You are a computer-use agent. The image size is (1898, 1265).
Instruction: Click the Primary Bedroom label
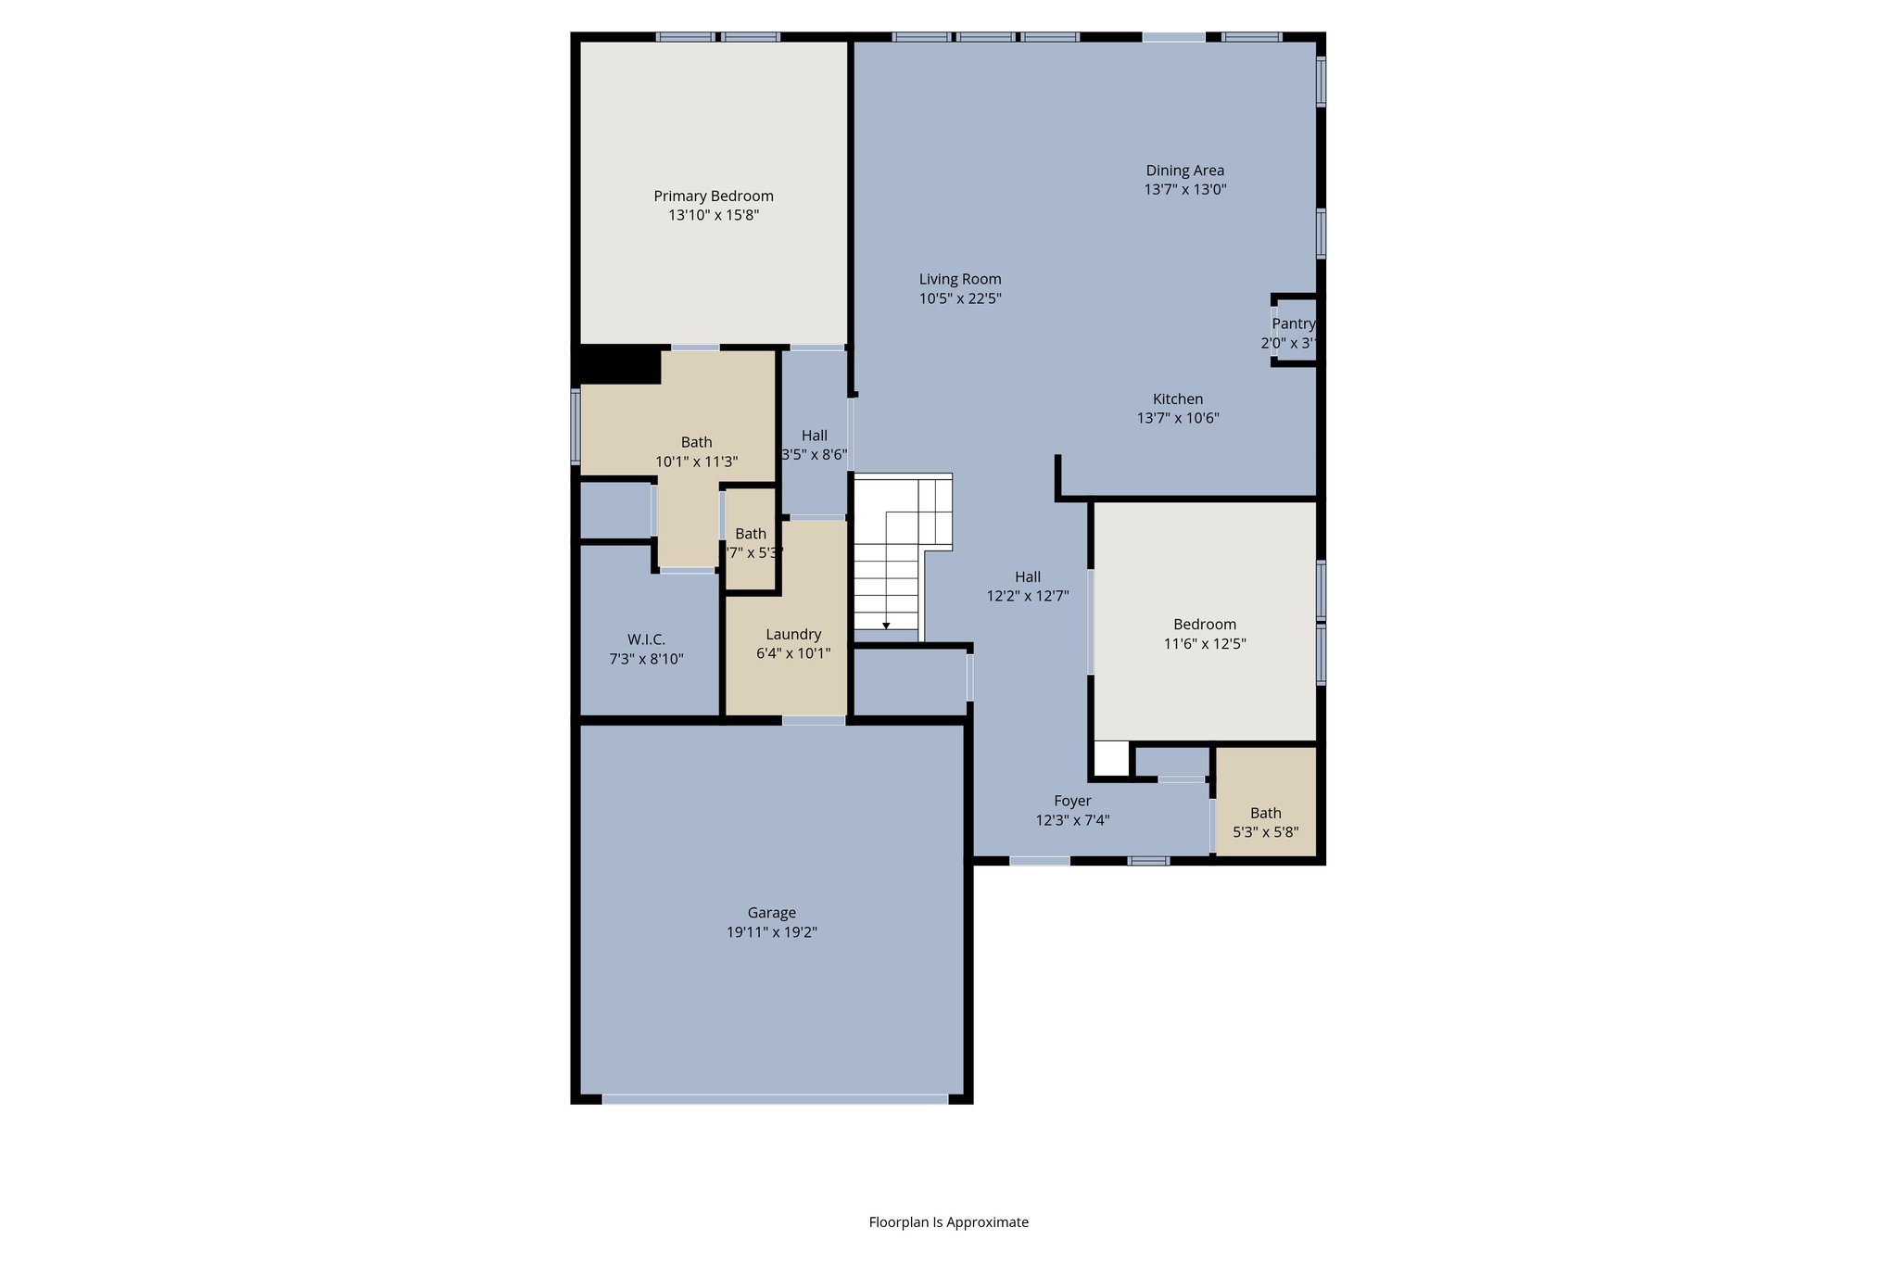pyautogui.click(x=714, y=196)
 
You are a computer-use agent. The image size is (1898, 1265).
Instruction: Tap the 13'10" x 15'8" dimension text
pyautogui.click(x=714, y=215)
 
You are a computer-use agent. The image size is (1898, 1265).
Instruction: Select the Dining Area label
pyautogui.click(x=1184, y=171)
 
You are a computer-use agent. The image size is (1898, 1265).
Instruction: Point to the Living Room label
pyautogui.click(x=960, y=279)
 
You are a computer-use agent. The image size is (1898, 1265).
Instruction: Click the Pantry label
pyautogui.click(x=1293, y=323)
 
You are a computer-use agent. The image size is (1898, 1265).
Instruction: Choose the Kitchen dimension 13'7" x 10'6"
pyautogui.click(x=1178, y=418)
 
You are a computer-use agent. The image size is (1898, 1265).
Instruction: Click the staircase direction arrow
pyautogui.click(x=886, y=626)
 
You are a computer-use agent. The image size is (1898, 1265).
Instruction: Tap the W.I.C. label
pyautogui.click(x=646, y=639)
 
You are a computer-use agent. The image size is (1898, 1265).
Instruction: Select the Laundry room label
pyautogui.click(x=793, y=634)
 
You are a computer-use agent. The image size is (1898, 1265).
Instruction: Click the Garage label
pyautogui.click(x=772, y=913)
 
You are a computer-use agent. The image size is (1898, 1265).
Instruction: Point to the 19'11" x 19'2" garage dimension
pyautogui.click(x=772, y=932)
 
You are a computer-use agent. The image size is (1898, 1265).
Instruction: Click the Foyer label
pyautogui.click(x=1072, y=801)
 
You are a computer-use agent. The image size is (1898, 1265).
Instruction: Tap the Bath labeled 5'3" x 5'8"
pyautogui.click(x=1265, y=813)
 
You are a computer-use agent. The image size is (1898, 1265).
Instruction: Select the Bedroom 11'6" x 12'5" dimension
pyautogui.click(x=1205, y=644)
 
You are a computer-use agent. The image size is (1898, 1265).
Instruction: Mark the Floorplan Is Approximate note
pyautogui.click(x=948, y=1222)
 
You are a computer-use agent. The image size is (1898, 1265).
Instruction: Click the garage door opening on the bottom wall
pyautogui.click(x=775, y=1099)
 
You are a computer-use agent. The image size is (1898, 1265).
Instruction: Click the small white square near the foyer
pyautogui.click(x=1111, y=759)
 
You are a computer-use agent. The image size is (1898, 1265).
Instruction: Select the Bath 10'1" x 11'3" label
pyautogui.click(x=697, y=442)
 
